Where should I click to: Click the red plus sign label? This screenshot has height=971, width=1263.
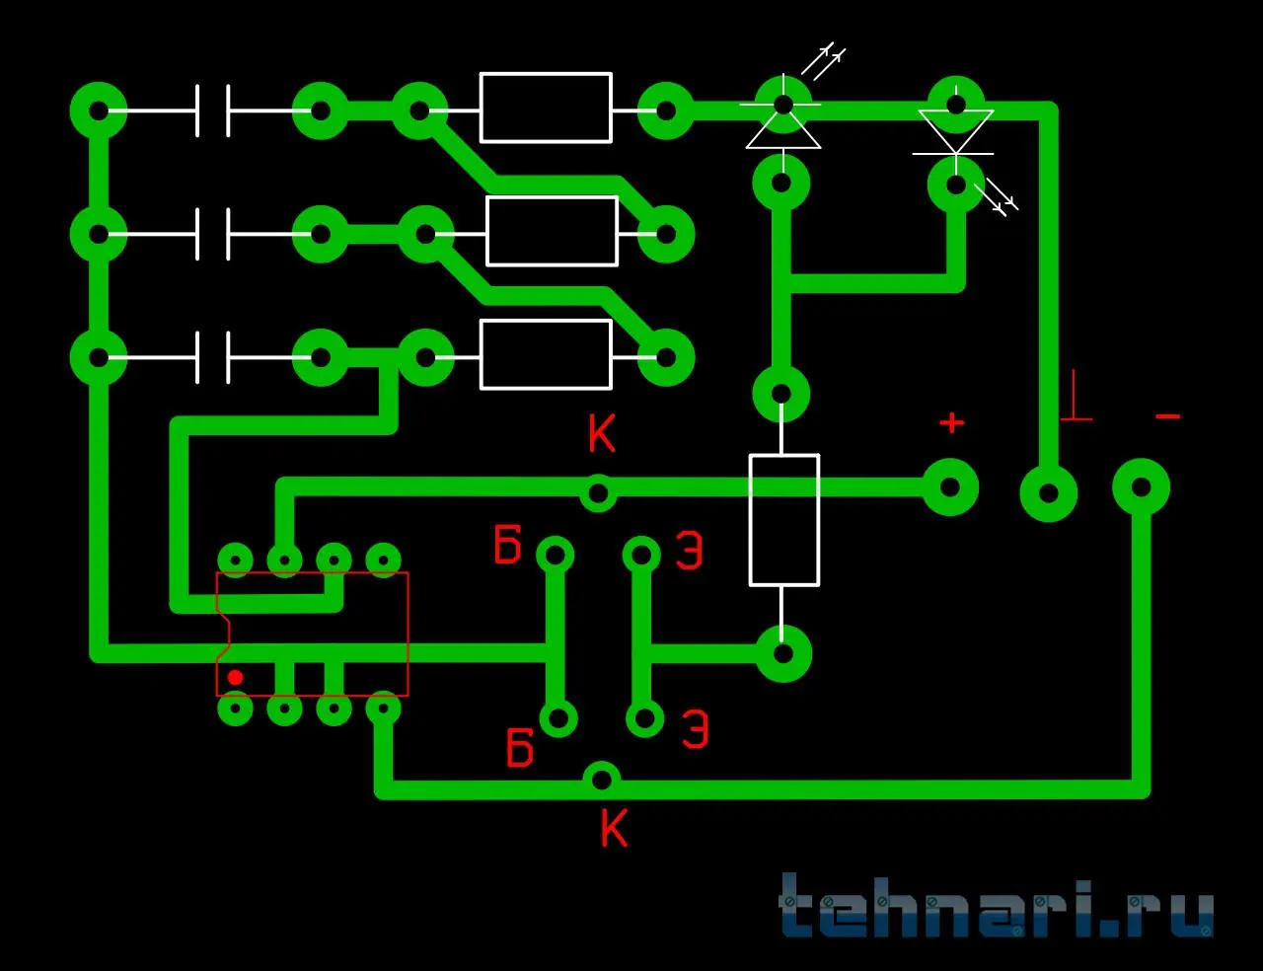951,423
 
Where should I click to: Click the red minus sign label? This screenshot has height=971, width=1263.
1167,417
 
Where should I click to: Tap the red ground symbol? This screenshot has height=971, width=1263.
1077,398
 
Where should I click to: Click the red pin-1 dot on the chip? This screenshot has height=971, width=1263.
235,677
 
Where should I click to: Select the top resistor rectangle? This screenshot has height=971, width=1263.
546,108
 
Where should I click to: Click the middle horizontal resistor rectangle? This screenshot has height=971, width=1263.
552,231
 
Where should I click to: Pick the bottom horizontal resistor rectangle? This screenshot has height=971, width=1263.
546,354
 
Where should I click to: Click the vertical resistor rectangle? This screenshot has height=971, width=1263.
783,520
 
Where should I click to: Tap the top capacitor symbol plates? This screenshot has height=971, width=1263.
212,110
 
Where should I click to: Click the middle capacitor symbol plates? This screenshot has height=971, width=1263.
212,234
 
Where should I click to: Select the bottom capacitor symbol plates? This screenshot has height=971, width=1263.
212,357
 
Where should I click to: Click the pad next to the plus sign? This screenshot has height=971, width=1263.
949,486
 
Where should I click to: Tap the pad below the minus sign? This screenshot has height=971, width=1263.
1141,486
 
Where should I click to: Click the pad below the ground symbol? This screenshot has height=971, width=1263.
1048,492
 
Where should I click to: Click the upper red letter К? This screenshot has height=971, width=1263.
601,433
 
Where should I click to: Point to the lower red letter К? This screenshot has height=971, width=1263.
614,828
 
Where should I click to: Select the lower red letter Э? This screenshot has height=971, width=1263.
695,729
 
